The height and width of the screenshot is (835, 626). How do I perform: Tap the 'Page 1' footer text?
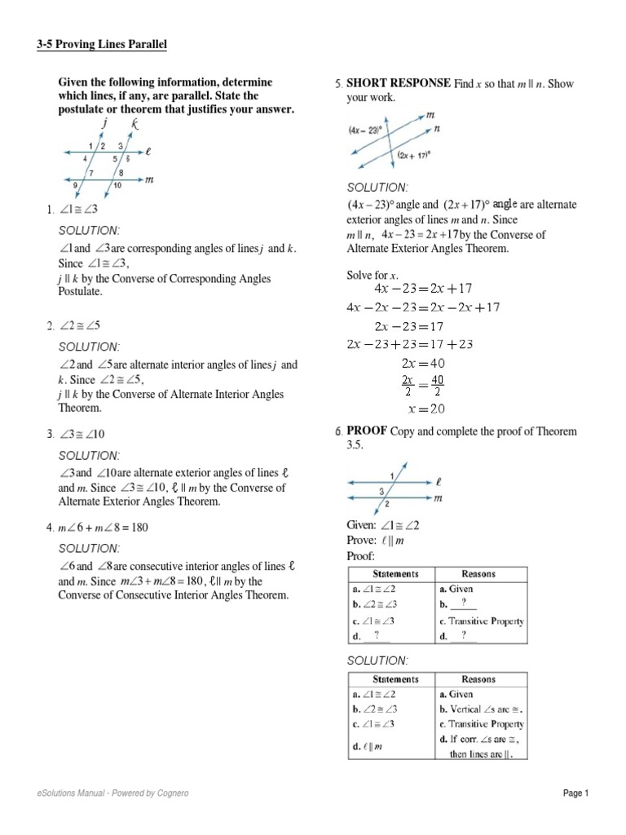(575, 793)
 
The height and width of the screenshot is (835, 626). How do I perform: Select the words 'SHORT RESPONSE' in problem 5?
(399, 83)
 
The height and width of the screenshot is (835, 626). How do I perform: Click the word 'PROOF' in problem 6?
(367, 431)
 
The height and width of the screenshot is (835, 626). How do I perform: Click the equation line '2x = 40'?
(423, 363)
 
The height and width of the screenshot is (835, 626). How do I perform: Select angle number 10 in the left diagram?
(117, 185)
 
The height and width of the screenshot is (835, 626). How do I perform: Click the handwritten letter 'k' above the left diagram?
(134, 124)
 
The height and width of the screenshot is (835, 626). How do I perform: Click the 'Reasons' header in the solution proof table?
(478, 678)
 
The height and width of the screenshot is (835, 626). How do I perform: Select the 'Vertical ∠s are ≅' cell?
(480, 709)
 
